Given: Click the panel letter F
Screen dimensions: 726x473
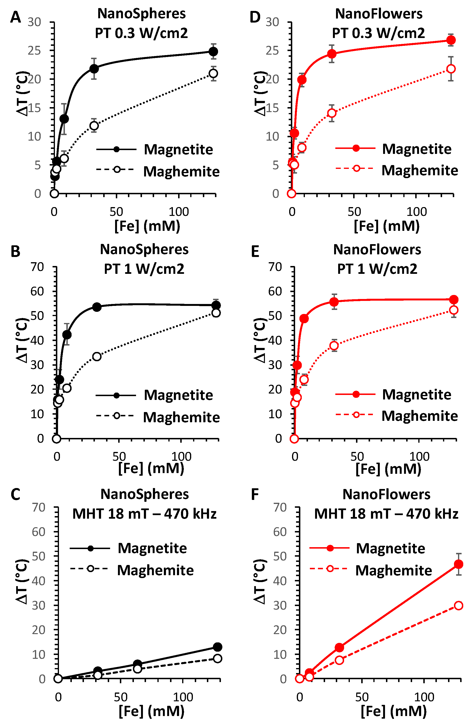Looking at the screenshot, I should coord(255,494).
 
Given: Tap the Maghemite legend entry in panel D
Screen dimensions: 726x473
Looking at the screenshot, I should coord(419,171).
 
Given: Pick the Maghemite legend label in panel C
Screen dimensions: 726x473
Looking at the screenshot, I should coord(155,570).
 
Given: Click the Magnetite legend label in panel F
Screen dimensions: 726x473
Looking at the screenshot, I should coord(390,548).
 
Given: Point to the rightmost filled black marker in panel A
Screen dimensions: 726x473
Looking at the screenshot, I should coord(214,51).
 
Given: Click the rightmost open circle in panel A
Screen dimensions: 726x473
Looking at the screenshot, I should coord(214,73).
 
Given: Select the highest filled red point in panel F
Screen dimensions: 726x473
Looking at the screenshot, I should coord(458,564).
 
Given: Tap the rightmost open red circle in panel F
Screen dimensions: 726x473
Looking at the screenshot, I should coord(458,606).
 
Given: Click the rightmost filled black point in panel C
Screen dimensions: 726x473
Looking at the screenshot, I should coord(217,647).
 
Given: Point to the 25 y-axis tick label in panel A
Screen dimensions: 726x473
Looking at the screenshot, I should coord(34,51).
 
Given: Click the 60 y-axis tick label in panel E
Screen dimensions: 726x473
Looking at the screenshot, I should coord(275,291).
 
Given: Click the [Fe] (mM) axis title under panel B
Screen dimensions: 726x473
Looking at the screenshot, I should coord(151,468).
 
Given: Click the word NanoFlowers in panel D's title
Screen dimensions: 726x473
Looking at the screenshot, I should coord(379,14).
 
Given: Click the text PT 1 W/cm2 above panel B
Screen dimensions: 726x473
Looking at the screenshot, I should coord(144,269).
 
